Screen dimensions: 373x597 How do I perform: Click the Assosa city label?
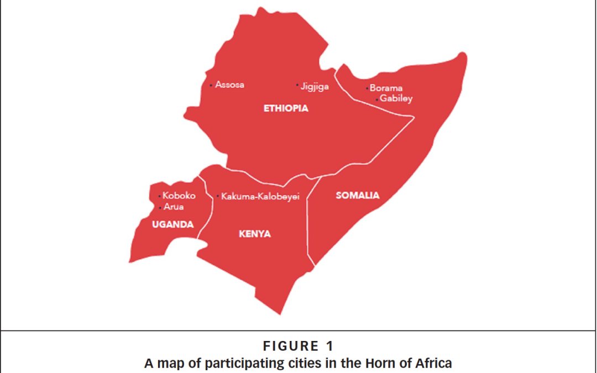click(230, 85)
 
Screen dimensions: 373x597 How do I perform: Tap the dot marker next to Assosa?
click(211, 86)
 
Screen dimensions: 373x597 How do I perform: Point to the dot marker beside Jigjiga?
click(297, 86)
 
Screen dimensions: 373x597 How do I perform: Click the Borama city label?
click(386, 88)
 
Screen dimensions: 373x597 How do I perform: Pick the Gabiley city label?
click(396, 99)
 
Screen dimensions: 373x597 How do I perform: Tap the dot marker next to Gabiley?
click(377, 99)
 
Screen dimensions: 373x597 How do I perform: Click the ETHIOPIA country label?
click(286, 108)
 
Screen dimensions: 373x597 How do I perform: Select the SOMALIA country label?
click(358, 195)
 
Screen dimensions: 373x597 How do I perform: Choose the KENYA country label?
click(255, 234)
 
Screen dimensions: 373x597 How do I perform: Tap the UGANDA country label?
click(173, 224)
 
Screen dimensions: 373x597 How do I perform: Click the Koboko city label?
click(179, 196)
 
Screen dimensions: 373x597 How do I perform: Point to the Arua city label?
click(174, 207)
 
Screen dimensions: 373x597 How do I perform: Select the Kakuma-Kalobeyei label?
click(260, 196)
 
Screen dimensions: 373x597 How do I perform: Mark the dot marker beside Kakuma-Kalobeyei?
click(218, 196)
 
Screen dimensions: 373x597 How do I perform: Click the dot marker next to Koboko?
click(160, 196)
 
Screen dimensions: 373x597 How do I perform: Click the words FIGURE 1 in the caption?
click(298, 346)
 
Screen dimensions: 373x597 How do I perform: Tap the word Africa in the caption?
click(436, 363)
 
